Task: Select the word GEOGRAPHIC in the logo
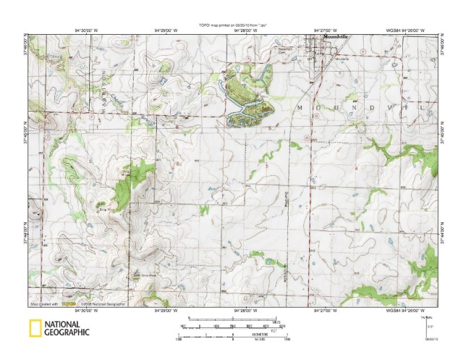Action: (66, 332)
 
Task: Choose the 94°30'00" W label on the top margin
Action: (86, 30)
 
